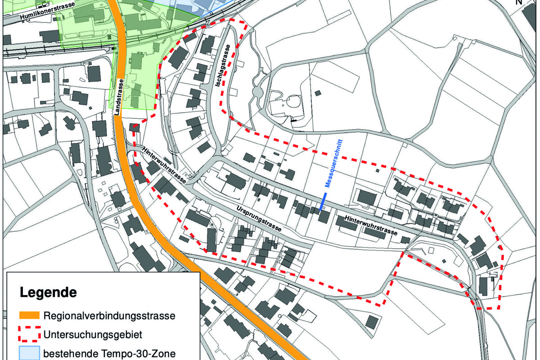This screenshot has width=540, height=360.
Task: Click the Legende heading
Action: [x=48, y=292]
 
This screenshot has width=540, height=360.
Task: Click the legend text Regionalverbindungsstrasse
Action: [x=109, y=315]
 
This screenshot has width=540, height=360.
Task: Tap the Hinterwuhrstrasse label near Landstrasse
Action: [x=164, y=165]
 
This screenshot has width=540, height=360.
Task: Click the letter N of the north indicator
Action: [x=519, y=2]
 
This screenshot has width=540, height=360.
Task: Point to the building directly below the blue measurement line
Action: [x=323, y=216]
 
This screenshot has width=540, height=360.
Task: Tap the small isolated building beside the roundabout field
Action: [x=318, y=93]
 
